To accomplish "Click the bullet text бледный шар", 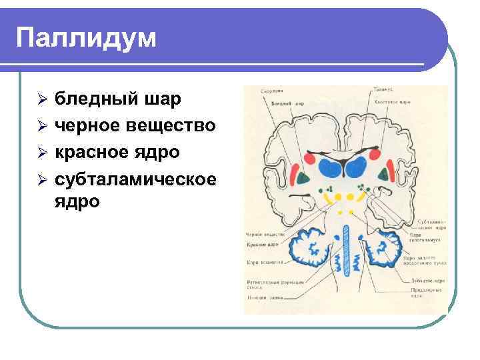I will click(x=117, y=99).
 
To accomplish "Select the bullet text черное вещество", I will click(x=135, y=125).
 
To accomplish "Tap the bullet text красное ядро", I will click(x=117, y=152).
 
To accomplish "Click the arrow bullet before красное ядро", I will click(x=41, y=153).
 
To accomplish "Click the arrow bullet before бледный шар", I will click(x=41, y=100).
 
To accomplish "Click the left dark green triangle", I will click(x=304, y=177).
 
